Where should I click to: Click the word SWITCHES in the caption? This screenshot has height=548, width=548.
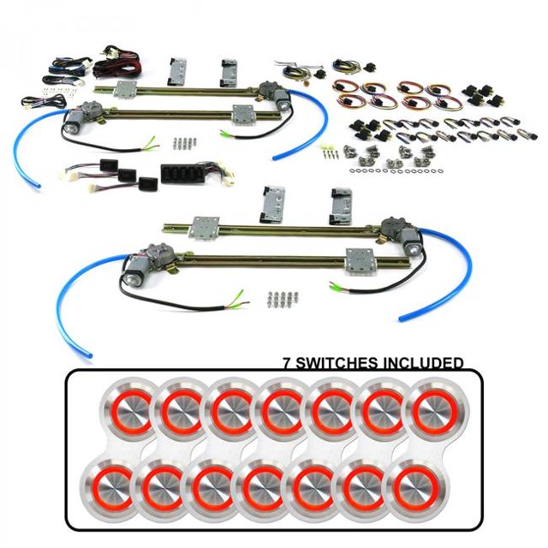tap(337, 363)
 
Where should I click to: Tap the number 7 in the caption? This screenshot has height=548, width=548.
tap(287, 363)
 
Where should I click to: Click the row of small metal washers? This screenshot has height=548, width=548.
tap(394, 170)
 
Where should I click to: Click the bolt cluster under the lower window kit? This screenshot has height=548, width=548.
tap(283, 297)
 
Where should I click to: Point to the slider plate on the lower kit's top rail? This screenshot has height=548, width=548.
tap(204, 227)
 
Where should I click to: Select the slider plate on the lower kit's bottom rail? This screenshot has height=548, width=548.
tap(360, 261)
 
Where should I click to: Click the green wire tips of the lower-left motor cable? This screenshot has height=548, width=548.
tap(238, 301)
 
